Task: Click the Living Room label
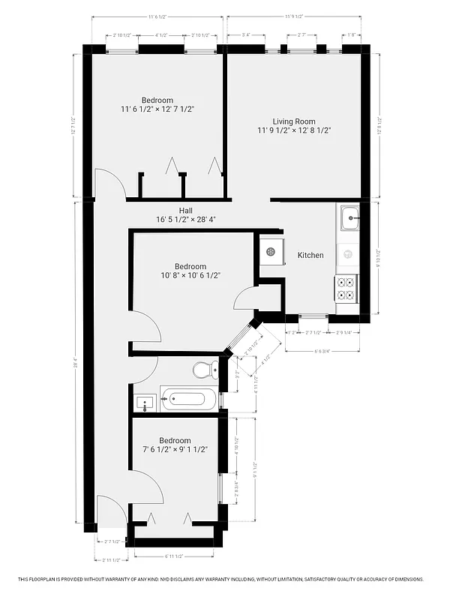[293, 121]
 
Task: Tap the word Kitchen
[310, 256]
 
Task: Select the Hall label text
[186, 210]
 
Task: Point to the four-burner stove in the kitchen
[346, 288]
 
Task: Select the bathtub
[188, 400]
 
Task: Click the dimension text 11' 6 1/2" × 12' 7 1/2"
[157, 109]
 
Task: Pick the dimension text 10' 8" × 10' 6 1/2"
[190, 275]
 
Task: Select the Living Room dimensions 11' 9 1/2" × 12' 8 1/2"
[293, 130]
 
